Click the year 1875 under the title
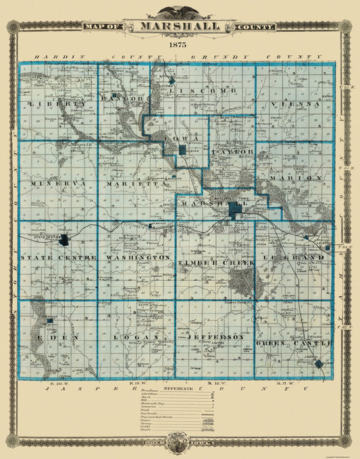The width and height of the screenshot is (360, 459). coord(179,44)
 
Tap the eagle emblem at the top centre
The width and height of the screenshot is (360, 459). coord(180,12)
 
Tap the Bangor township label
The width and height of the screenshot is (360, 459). coord(123,99)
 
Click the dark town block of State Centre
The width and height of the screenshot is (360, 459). coord(63,239)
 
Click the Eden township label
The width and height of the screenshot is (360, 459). coord(55,336)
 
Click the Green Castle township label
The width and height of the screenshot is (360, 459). coord(294,344)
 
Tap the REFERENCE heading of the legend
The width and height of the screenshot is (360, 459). coord(180,389)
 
